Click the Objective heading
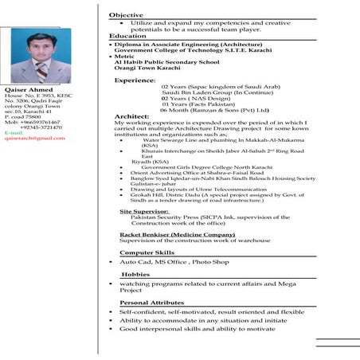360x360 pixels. [x=126, y=15]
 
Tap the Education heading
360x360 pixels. [x=127, y=37]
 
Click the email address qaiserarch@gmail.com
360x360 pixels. [x=34, y=138]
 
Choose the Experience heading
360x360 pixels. [x=135, y=80]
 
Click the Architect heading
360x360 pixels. [x=131, y=116]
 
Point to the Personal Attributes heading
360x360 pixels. [x=151, y=303]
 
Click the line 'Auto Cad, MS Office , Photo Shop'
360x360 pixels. [x=174, y=261]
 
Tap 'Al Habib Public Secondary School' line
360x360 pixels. [x=166, y=61]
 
